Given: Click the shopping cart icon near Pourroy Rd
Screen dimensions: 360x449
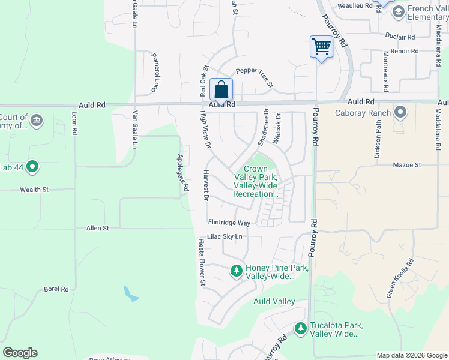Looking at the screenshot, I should click(x=321, y=46).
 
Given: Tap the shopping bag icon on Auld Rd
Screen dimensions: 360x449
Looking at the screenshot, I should click(x=221, y=89).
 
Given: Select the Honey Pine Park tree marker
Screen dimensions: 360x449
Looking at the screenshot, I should click(x=237, y=272).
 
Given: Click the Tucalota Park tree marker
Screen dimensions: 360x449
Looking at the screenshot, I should click(x=301, y=328).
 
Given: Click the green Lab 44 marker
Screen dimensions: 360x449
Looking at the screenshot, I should click(x=32, y=167).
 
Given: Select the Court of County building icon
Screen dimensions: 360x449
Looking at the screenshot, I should click(x=37, y=121).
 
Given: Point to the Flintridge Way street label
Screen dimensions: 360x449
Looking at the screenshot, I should click(x=228, y=223).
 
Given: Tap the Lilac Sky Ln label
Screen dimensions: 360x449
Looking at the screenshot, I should click(x=224, y=237).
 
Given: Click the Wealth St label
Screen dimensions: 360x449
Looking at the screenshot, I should click(x=34, y=190).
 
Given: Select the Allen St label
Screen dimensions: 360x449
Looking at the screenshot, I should click(x=98, y=228).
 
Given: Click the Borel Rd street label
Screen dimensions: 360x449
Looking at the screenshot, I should click(x=56, y=289).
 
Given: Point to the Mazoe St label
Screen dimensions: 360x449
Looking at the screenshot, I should click(x=408, y=164).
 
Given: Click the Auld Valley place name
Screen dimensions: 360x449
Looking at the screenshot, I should click(x=274, y=301).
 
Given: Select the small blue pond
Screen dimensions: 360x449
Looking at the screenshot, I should click(x=131, y=293).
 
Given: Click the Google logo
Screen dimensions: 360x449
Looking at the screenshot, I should click(x=20, y=353).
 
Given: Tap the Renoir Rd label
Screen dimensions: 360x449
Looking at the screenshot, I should click(x=405, y=52).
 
